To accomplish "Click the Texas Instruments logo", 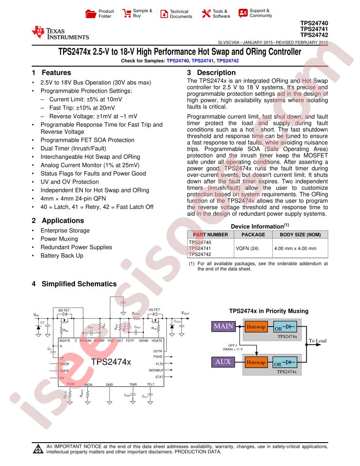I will point(60,33).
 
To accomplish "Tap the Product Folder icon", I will point(90,13).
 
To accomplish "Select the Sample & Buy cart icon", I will point(126,13).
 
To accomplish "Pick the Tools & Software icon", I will point(206,13).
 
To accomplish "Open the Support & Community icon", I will point(243,13).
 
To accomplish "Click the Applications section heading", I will point(62,220).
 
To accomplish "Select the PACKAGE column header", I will point(253,234).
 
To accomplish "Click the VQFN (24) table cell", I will point(247,248).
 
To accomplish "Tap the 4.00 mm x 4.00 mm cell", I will point(295,248).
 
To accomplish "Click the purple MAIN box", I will point(224,327).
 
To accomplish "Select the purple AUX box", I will point(224,362).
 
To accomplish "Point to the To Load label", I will point(317,341).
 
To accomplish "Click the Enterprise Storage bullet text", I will point(65,230).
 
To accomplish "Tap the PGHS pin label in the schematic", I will point(158,356).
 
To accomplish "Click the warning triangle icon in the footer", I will point(37,449).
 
